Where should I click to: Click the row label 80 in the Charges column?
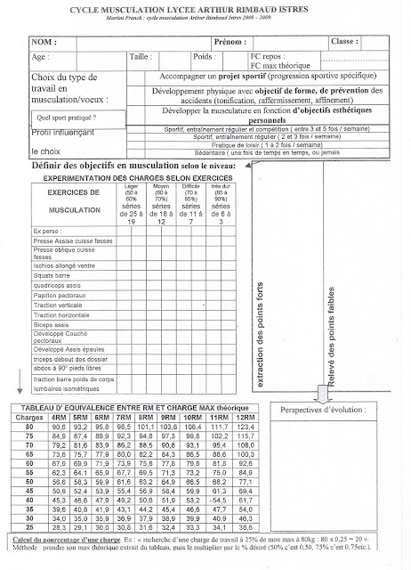(32, 426)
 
